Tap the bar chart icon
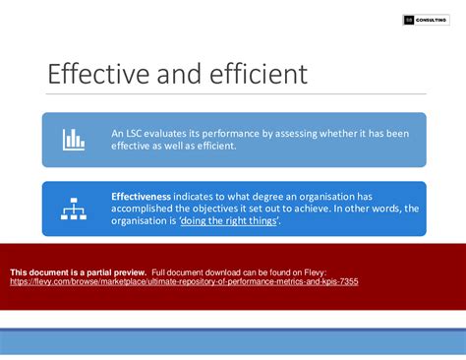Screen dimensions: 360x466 (73, 139)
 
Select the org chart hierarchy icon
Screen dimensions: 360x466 (73, 208)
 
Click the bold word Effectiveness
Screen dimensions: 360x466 (141, 196)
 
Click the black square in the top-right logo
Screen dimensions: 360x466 (409, 20)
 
